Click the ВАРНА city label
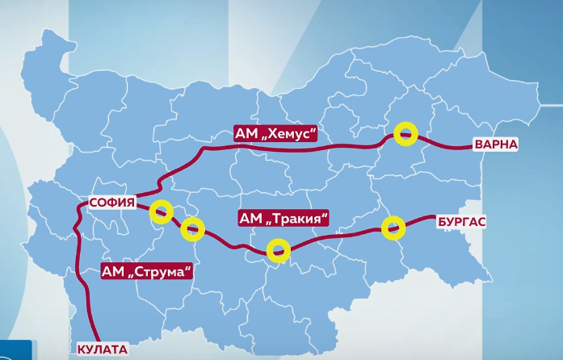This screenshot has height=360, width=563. [x=496, y=144]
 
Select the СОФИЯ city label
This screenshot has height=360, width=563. [x=111, y=203]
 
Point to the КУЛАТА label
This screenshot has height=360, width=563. [x=103, y=349]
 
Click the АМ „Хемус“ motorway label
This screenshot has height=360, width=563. [x=274, y=133]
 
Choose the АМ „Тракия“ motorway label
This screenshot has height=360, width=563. [x=284, y=218]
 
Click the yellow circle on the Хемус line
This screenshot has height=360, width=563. [x=405, y=133]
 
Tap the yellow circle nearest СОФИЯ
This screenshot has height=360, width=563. [x=162, y=211]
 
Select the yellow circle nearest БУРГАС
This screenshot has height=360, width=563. [x=393, y=228]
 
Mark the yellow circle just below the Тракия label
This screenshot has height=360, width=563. [x=278, y=251]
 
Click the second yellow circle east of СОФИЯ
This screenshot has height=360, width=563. [x=192, y=229]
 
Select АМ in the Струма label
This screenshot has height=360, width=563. [x=112, y=271]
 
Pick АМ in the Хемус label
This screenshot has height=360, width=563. [x=244, y=133]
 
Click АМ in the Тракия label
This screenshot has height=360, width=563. [x=250, y=218]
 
